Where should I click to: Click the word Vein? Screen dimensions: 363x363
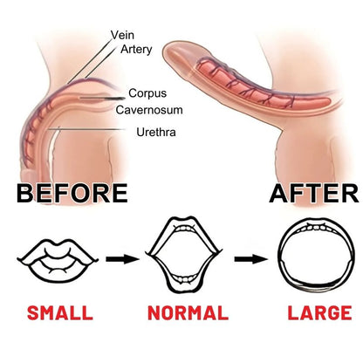(x=122, y=35)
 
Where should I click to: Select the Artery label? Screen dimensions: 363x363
(x=136, y=49)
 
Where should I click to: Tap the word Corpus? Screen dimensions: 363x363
(x=147, y=93)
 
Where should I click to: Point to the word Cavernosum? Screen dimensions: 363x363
(x=149, y=110)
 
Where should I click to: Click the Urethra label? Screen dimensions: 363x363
(x=156, y=133)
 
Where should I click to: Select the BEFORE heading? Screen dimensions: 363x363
(x=72, y=193)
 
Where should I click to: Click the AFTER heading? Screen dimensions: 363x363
(x=314, y=193)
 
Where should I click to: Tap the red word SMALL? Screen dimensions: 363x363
(x=60, y=313)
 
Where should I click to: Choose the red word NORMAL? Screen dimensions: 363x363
(x=188, y=313)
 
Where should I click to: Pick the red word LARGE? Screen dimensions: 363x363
(x=319, y=313)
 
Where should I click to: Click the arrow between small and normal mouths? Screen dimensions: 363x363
(x=122, y=259)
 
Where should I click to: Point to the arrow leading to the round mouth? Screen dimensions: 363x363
(x=251, y=259)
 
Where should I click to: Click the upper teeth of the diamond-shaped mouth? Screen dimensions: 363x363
(x=184, y=229)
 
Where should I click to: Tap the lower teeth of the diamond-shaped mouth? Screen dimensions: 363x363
(x=184, y=279)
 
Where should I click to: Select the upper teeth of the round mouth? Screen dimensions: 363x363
(x=316, y=228)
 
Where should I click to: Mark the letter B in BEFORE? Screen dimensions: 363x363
(x=24, y=193)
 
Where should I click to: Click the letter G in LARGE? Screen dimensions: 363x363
(x=332, y=313)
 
